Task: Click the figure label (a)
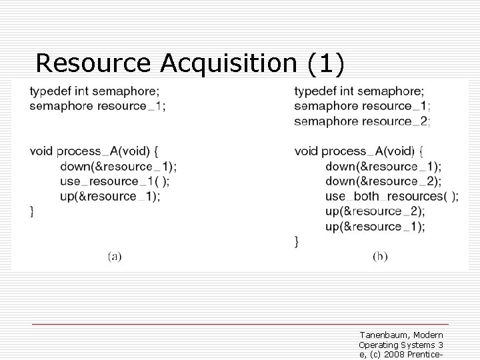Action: coord(115,255)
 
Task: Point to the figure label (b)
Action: coord(379,255)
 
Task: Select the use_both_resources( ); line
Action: coord(391,196)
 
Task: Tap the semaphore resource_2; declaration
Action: coord(362,121)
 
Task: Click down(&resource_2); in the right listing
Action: coord(383,181)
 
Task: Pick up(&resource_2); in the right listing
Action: coord(375,211)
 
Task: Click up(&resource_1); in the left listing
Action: coord(109,196)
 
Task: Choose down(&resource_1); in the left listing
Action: coord(118,166)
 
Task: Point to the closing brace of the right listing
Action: coord(297,241)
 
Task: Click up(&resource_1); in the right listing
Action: coord(375,226)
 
